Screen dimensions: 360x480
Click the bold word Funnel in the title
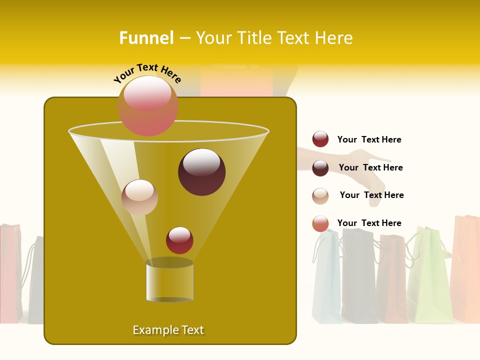(x=146, y=38)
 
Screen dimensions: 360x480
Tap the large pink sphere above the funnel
(x=147, y=105)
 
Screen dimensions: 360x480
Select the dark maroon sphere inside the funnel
(x=201, y=171)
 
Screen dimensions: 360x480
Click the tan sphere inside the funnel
(x=139, y=197)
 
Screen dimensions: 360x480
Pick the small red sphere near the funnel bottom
(x=179, y=240)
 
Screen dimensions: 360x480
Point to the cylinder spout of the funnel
(x=169, y=280)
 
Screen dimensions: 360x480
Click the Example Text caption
(x=168, y=330)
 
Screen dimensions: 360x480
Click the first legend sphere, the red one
(x=320, y=139)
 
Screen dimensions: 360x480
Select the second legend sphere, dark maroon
(x=320, y=168)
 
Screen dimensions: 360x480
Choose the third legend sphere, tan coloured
(x=320, y=196)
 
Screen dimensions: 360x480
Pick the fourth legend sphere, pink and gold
(x=320, y=223)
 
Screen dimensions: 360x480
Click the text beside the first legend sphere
(x=369, y=139)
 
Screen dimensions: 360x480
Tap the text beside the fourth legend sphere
(x=369, y=223)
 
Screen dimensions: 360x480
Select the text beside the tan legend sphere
(x=371, y=195)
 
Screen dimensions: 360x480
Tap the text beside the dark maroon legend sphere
(x=370, y=167)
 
